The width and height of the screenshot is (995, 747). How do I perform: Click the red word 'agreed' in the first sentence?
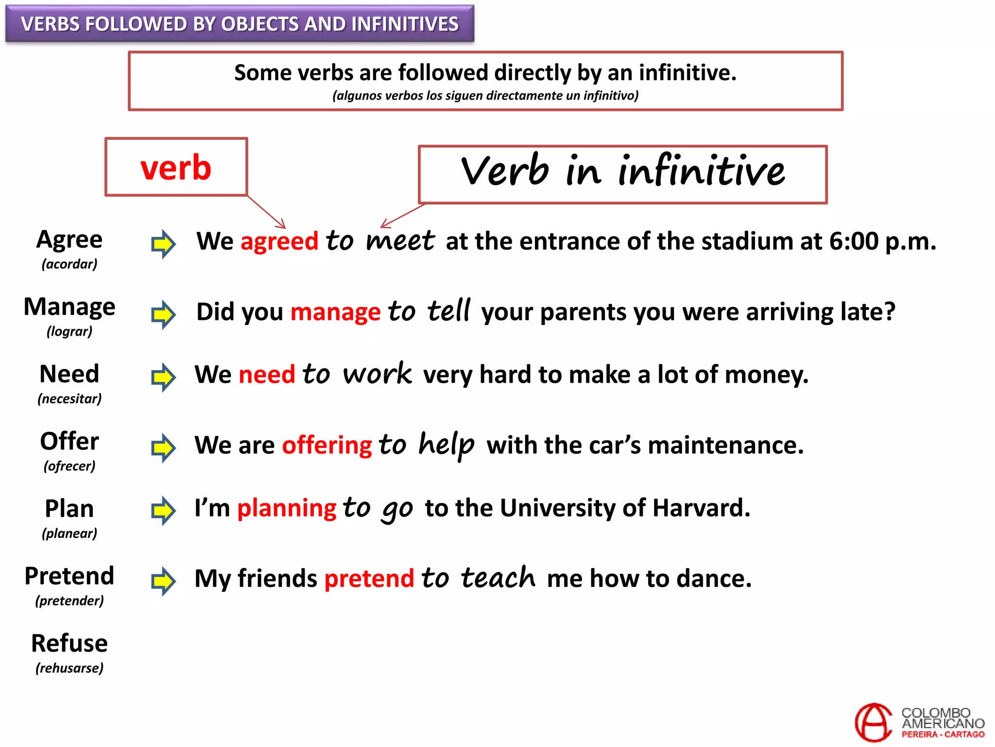[x=279, y=242]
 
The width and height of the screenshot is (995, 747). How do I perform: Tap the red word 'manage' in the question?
[x=335, y=312]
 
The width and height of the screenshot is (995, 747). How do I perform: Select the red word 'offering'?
[x=327, y=445]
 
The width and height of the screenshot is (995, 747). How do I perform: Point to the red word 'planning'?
[x=287, y=508]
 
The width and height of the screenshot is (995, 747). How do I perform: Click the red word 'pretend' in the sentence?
[x=369, y=579]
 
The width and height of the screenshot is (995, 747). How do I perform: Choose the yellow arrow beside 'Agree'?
[x=163, y=244]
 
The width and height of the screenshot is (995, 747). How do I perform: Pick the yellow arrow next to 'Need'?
[x=163, y=377]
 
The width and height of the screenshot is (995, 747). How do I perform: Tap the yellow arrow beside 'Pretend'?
[x=163, y=581]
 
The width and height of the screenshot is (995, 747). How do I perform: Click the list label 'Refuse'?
[x=69, y=643]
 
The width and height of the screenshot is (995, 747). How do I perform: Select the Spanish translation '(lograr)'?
[x=69, y=332]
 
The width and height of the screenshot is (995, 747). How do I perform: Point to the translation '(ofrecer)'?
[x=69, y=466]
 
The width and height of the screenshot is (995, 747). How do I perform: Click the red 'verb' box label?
[x=176, y=168]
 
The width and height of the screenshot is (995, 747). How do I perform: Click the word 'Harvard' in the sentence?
[x=701, y=508]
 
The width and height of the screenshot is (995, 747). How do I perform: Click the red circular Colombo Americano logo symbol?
[x=874, y=723]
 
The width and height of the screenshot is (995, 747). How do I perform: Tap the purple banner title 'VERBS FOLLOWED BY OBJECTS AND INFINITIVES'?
[x=240, y=24]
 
